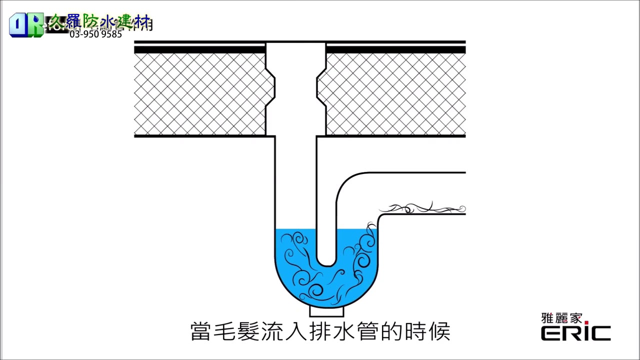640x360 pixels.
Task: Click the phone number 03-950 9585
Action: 95,34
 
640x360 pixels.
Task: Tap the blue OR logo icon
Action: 25,25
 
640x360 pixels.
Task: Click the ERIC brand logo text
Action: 575,333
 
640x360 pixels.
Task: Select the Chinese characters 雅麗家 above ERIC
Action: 561,318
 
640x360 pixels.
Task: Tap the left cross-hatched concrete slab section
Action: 200,94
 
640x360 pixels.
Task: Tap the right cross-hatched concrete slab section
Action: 395,94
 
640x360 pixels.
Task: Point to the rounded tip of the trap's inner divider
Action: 327,262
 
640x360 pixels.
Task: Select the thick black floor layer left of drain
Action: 200,49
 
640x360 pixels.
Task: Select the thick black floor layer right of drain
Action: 395,49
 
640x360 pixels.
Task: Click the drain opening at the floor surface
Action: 295,45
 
